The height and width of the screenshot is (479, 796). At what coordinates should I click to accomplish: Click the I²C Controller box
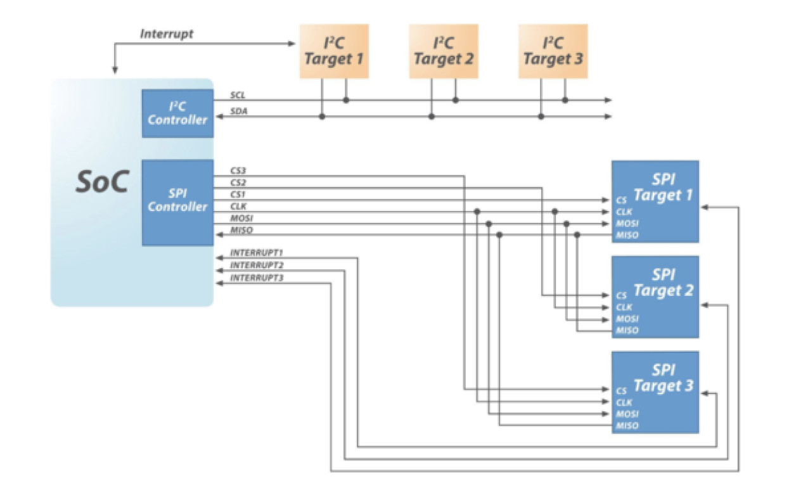[x=177, y=113]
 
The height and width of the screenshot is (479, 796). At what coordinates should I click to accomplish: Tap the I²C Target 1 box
[x=334, y=51]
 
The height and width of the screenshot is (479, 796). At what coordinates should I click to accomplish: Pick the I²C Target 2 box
[x=443, y=51]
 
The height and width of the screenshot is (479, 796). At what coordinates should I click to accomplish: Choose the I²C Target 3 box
[x=553, y=51]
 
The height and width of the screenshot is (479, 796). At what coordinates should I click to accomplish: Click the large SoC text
[x=102, y=182]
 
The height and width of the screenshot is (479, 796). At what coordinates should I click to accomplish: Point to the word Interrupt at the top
[x=167, y=34]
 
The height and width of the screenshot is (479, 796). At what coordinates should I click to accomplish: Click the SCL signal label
[x=238, y=95]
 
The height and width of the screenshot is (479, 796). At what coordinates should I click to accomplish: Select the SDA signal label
[x=238, y=112]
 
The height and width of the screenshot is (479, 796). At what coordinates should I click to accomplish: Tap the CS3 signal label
[x=238, y=171]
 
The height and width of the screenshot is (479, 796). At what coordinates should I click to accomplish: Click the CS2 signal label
[x=238, y=182]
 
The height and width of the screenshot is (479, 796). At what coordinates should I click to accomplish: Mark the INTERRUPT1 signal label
[x=256, y=253]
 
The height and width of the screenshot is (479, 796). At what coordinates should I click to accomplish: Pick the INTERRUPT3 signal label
[x=256, y=278]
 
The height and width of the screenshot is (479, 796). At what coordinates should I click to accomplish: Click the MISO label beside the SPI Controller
[x=241, y=230]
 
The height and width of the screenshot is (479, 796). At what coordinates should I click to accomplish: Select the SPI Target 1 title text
[x=663, y=188]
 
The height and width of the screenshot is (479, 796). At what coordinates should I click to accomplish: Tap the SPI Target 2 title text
[x=663, y=283]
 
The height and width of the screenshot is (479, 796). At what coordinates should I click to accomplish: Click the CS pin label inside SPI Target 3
[x=621, y=392]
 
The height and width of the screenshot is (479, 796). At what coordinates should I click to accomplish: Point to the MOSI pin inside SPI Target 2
[x=627, y=319]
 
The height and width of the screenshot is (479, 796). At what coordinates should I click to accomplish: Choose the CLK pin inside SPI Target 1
[x=624, y=212]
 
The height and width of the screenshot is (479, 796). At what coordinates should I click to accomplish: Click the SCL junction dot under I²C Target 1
[x=346, y=100]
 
